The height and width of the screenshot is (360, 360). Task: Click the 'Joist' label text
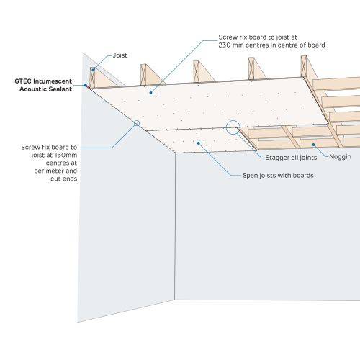pyautogui.click(x=121, y=55)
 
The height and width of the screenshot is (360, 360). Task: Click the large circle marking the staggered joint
pyautogui.click(x=234, y=129)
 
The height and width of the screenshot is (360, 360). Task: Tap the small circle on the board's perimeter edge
pyautogui.click(x=136, y=123)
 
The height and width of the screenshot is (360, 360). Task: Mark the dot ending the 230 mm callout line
pyautogui.click(x=150, y=92)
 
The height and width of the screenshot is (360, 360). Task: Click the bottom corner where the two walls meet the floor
pyautogui.click(x=176, y=302)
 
